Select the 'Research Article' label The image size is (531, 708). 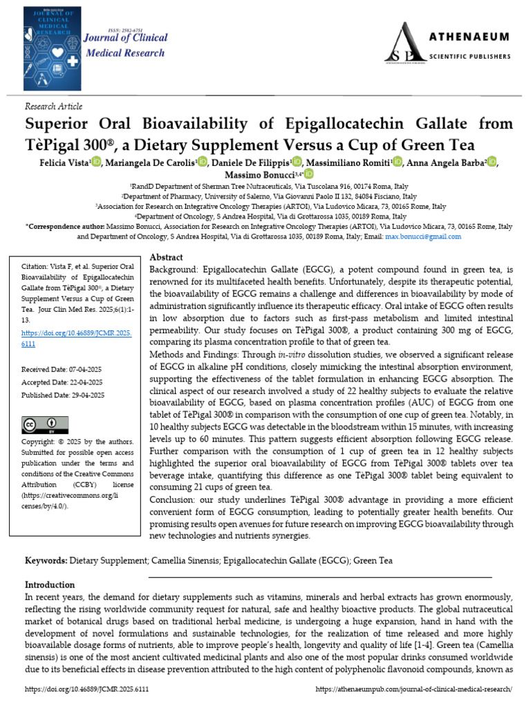coord(53,106)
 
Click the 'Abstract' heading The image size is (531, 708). coord(166,257)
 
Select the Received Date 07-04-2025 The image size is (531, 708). coord(62,370)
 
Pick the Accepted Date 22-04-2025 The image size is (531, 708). coord(62,382)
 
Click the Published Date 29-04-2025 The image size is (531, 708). coord(62,395)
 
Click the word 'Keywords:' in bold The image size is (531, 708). coord(46,560)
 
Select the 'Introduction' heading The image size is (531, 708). coord(50,584)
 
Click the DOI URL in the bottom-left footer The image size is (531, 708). coord(86,690)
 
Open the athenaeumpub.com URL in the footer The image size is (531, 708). coord(413,690)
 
